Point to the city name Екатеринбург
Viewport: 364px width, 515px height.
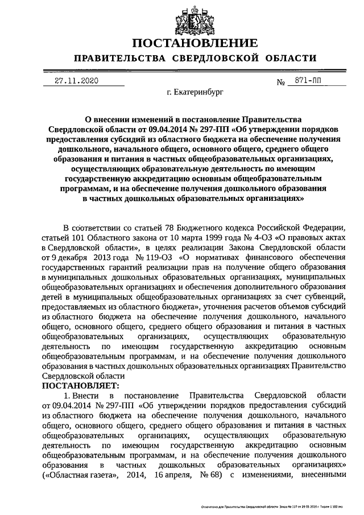188,90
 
